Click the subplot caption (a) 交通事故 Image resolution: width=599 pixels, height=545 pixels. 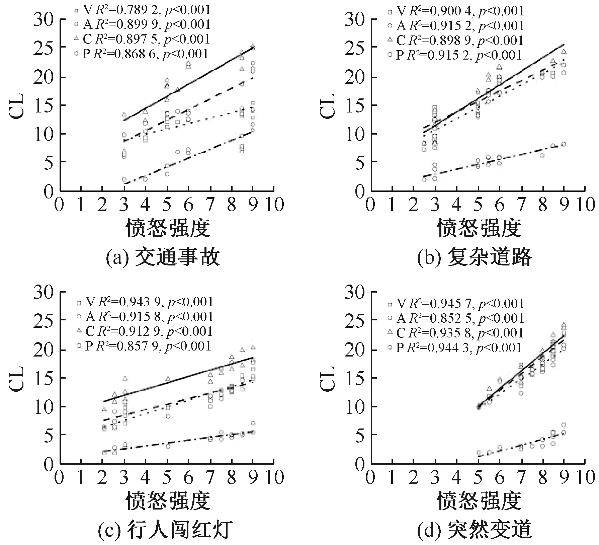[x=163, y=257]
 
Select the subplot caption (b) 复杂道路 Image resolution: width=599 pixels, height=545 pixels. [x=475, y=257]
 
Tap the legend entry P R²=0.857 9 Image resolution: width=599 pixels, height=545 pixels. [x=144, y=346]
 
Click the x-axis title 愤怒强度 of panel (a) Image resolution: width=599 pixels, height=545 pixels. [x=168, y=228]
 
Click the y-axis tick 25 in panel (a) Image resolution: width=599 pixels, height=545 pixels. [x=44, y=49]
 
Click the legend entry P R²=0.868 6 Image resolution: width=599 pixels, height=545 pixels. [x=142, y=54]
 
